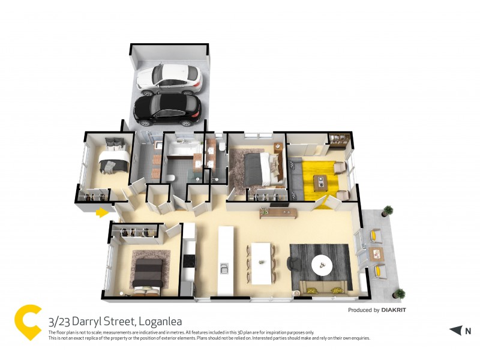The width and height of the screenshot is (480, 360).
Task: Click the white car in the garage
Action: click(169, 79)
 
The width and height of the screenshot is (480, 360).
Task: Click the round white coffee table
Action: click(323, 263)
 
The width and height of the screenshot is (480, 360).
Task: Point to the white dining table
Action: click(262, 262)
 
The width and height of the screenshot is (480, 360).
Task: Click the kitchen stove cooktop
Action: click(189, 260)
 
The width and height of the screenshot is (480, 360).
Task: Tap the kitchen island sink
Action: click(225, 269)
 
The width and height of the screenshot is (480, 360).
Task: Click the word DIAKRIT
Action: click(398, 310)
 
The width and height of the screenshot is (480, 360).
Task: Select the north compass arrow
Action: click(456, 330)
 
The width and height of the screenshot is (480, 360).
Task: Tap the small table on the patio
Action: click(376, 253)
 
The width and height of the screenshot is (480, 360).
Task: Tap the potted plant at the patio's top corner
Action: click(388, 211)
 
